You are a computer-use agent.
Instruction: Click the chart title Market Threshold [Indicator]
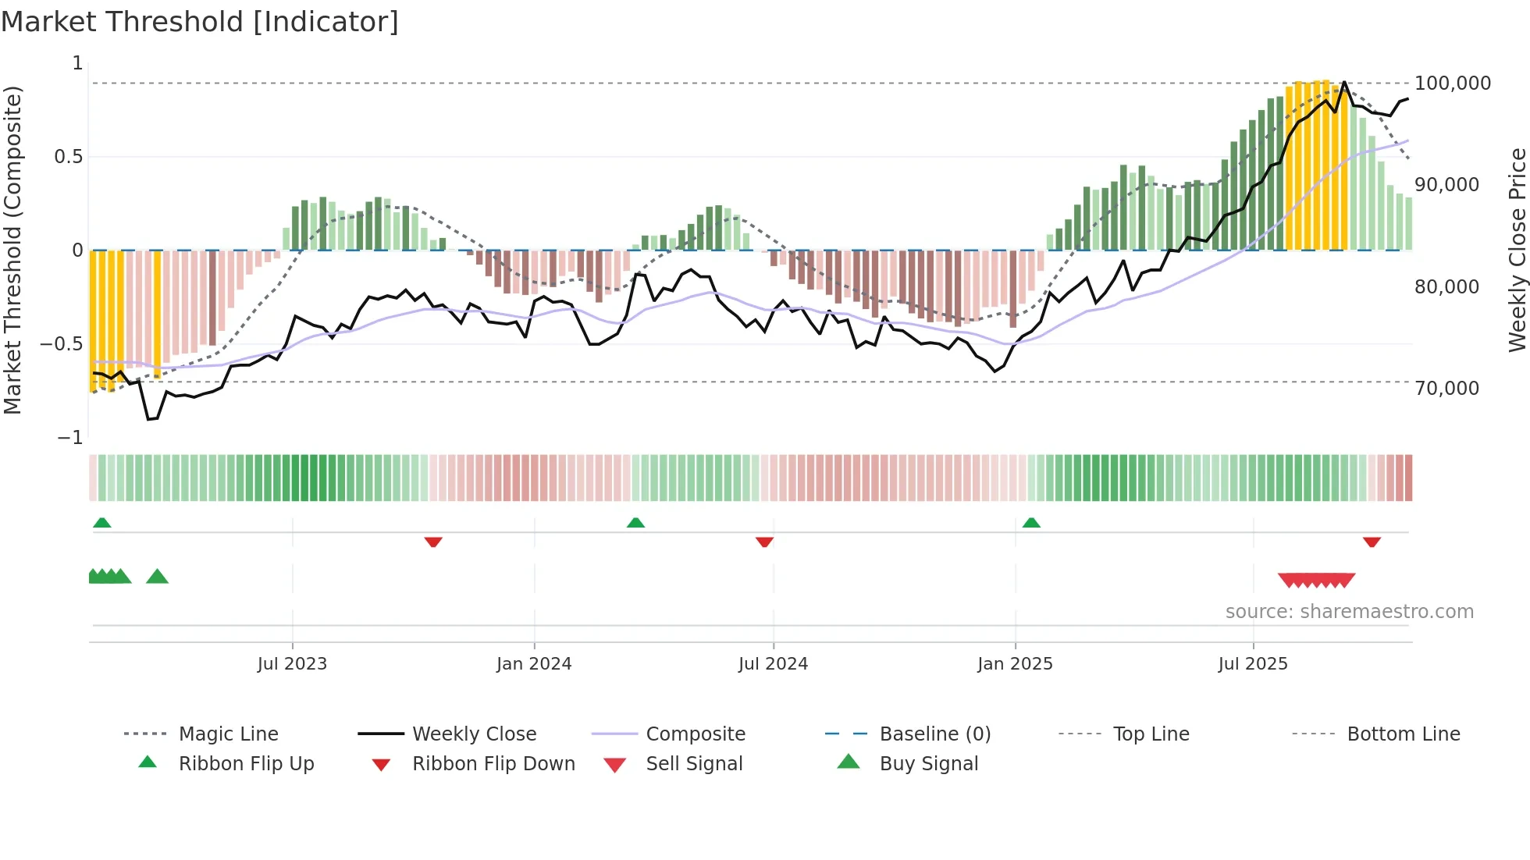pos(200,22)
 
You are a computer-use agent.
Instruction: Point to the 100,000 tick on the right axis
pos(1452,84)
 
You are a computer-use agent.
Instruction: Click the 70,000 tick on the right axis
pos(1446,389)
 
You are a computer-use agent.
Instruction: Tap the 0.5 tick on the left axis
pos(68,157)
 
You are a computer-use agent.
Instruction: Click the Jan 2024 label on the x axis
pos(534,664)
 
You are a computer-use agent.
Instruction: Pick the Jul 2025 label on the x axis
pos(1253,664)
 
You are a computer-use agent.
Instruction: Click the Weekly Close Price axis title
pos(1517,250)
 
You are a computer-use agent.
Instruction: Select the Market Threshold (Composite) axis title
pos(12,250)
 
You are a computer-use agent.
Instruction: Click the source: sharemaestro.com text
pos(1349,612)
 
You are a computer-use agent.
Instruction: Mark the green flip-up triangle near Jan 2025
pos(1031,523)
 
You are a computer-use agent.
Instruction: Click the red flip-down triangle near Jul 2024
pos(764,542)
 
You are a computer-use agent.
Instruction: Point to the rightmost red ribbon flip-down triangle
pos(1372,542)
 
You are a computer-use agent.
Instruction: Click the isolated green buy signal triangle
pos(157,577)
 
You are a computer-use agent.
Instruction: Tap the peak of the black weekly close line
pos(1344,82)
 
